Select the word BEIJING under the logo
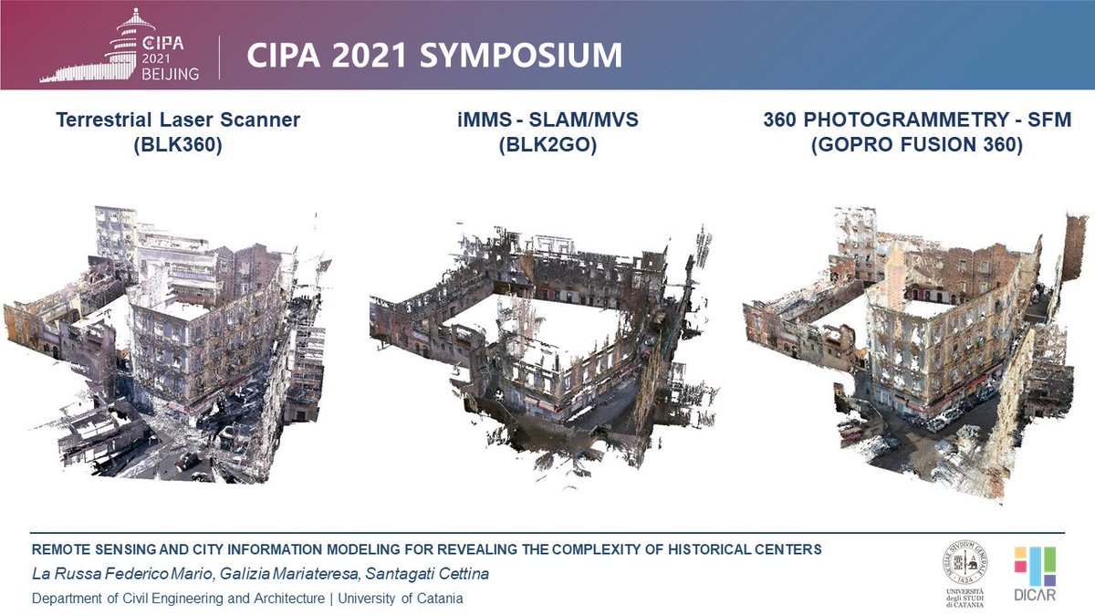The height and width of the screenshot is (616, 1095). [x=169, y=74]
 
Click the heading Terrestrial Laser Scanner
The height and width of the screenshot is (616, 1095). [x=178, y=120]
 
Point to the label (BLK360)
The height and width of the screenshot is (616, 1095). [x=178, y=143]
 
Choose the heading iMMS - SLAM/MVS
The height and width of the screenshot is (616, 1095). [x=547, y=120]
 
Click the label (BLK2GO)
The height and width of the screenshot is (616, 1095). [x=547, y=143]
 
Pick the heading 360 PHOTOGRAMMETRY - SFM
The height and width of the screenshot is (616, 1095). [x=917, y=120]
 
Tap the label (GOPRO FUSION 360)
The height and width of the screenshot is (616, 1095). [x=917, y=143]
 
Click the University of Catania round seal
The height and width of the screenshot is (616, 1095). [x=968, y=564]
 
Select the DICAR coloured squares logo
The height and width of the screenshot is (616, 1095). [x=1036, y=566]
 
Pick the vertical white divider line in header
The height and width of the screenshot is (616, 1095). [x=219, y=57]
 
